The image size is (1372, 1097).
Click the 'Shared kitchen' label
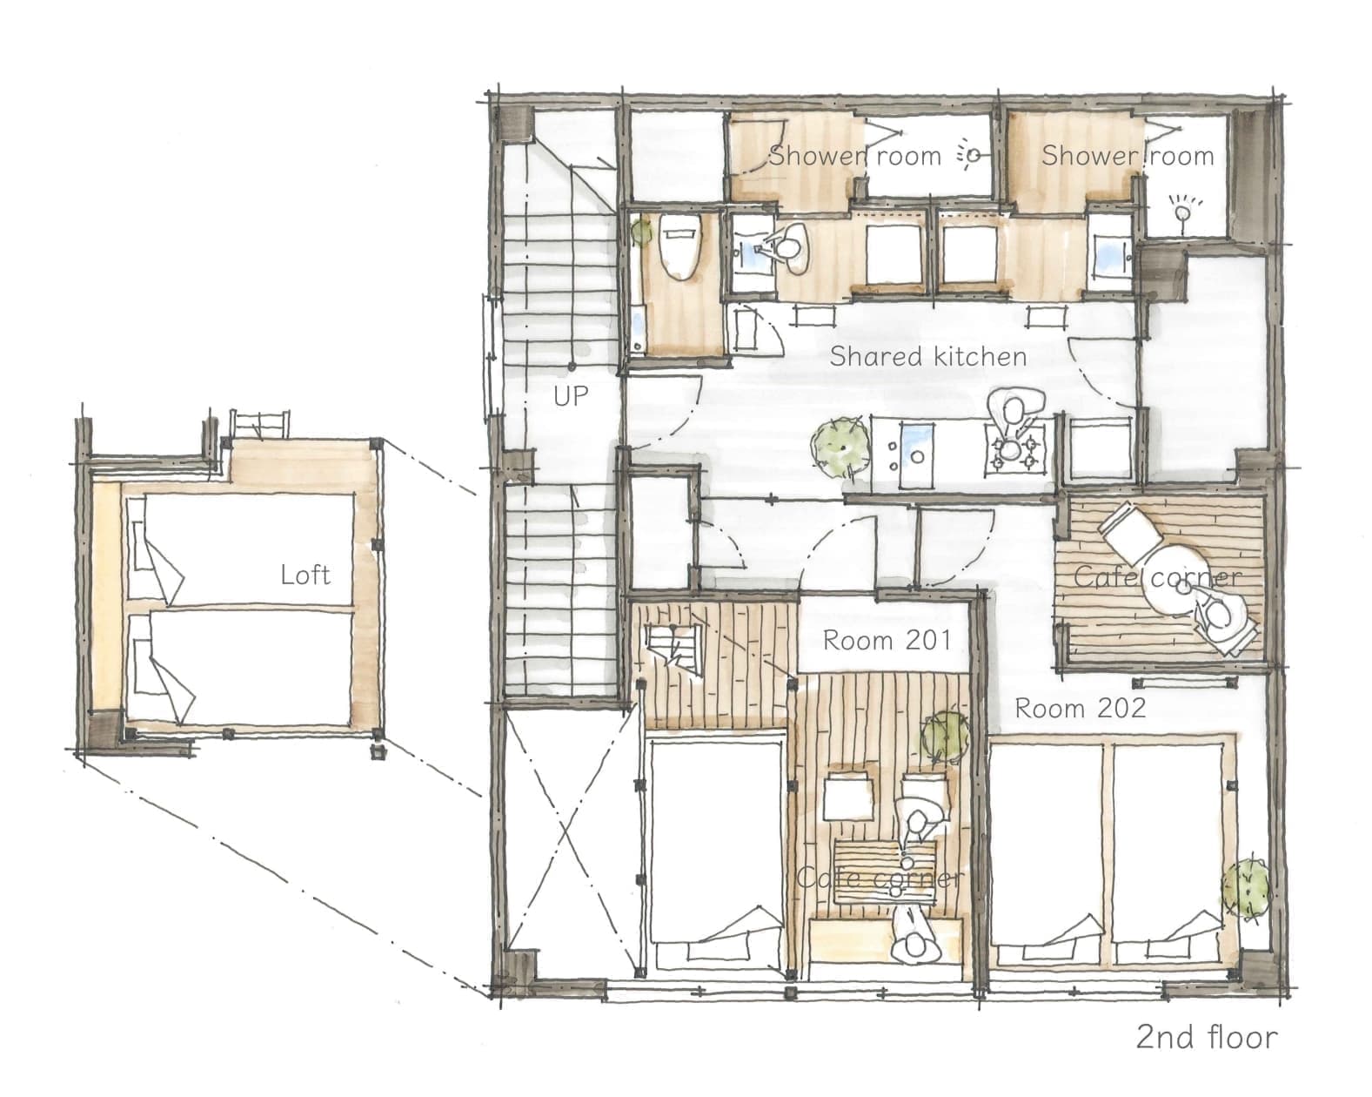[x=927, y=356]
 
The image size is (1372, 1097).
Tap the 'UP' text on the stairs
[x=571, y=396]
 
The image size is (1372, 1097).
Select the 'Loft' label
[x=305, y=575]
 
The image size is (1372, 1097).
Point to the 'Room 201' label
[x=887, y=640]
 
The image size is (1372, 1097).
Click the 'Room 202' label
[x=1080, y=709]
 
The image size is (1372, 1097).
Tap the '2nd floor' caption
[x=1207, y=1037]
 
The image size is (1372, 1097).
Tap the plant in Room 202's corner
[x=1244, y=889]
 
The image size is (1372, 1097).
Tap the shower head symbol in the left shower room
[x=971, y=155]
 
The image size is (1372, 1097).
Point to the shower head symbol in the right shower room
[x=1182, y=211]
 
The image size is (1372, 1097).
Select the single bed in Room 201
[x=716, y=852]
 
